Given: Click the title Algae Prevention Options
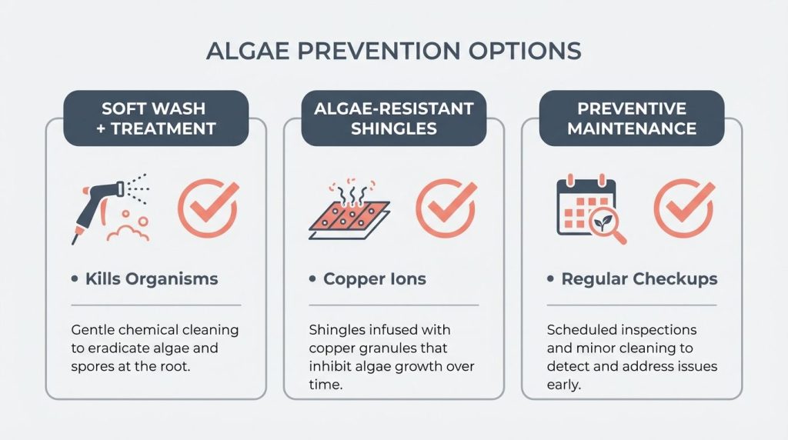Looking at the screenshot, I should click(393, 51).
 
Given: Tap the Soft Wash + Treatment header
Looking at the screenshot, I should click(156, 118).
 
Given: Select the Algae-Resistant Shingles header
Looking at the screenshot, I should click(393, 118).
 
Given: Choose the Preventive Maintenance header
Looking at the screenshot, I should click(631, 118).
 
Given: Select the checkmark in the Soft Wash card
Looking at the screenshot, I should click(208, 208).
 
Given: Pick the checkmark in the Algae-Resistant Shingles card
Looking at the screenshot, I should click(446, 208).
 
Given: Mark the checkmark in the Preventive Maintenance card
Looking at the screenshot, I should click(683, 208).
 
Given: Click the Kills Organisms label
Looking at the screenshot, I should click(152, 278).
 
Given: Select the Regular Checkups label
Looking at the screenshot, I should click(639, 278).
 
